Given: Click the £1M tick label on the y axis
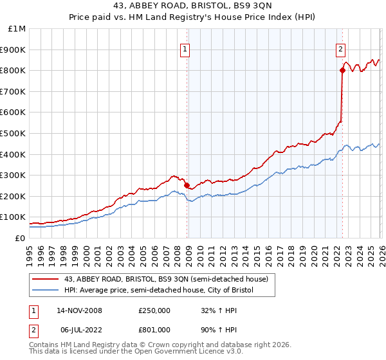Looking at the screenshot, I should [x=17, y=29].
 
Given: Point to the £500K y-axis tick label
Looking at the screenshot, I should [x=14, y=133].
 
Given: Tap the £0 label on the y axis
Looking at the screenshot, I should [x=21, y=238].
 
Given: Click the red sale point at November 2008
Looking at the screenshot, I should [x=187, y=185].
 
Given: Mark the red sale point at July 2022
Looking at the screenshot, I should [x=342, y=71].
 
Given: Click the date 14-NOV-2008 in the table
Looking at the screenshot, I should [x=79, y=310].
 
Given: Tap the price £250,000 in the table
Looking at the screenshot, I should [x=154, y=310].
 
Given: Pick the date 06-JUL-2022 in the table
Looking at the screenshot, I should [x=78, y=330].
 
